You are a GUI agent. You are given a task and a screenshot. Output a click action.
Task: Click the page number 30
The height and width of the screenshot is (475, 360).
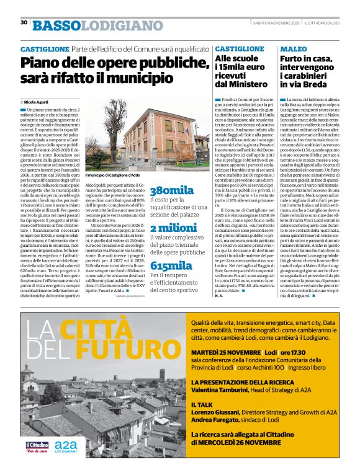point(24,23)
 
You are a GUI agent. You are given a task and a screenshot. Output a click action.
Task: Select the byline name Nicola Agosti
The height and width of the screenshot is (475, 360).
point(37,101)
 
